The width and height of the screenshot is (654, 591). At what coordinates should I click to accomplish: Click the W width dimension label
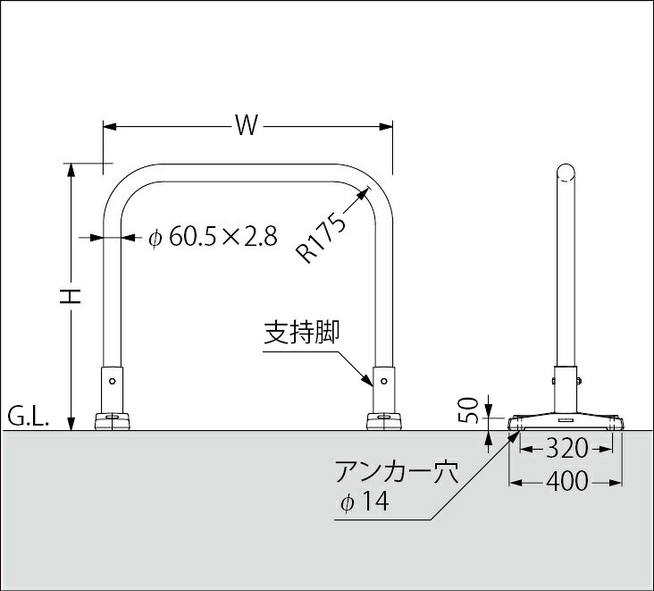click(x=247, y=125)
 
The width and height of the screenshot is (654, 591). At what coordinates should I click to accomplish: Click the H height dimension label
click(x=70, y=296)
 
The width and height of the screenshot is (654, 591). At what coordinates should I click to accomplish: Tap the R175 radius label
click(x=321, y=239)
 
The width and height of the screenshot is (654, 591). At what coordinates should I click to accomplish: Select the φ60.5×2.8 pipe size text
click(x=213, y=238)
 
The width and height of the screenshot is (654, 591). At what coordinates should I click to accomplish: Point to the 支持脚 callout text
click(x=302, y=333)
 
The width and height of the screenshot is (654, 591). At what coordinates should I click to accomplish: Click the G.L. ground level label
click(x=29, y=418)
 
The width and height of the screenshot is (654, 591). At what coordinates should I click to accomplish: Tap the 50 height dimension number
click(x=468, y=409)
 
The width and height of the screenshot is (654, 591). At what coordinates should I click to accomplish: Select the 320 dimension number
click(x=566, y=449)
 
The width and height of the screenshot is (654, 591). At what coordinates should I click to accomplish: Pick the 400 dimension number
click(x=566, y=481)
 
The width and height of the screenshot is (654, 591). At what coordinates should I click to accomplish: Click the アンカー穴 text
click(x=397, y=472)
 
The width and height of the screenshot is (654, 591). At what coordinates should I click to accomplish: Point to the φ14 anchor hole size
click(x=365, y=502)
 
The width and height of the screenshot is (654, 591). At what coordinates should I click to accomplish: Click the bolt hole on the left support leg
click(x=112, y=381)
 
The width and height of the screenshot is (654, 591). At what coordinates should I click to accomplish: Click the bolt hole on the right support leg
click(x=383, y=381)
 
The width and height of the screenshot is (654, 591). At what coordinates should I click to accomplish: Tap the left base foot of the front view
click(x=112, y=421)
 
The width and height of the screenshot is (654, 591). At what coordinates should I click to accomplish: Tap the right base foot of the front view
click(x=383, y=421)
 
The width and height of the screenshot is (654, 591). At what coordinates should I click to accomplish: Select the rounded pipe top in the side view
click(x=566, y=173)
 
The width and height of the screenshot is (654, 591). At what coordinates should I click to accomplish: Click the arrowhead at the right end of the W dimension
click(x=386, y=126)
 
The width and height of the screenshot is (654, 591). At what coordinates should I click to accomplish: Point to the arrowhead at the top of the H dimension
click(x=71, y=169)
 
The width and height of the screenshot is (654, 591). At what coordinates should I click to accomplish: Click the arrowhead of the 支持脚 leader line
click(x=367, y=380)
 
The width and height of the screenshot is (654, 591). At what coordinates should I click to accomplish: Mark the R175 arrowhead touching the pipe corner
click(x=365, y=192)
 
